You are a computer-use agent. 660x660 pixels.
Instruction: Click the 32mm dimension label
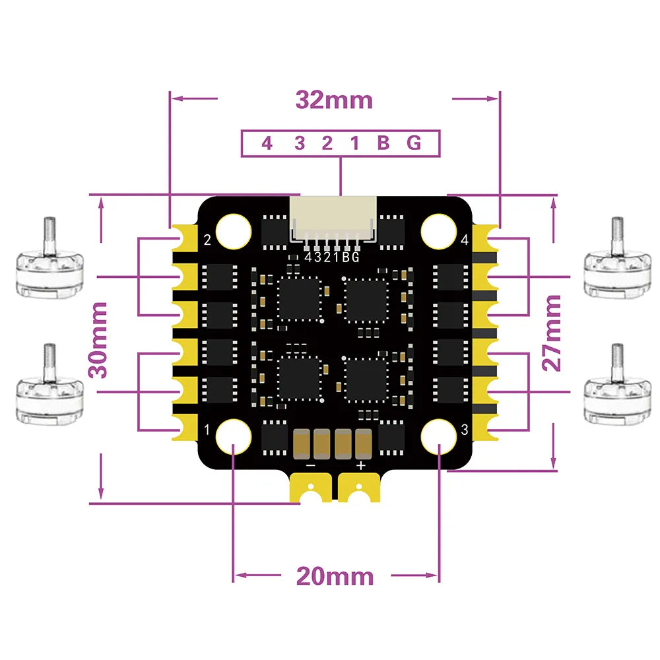[x=334, y=100]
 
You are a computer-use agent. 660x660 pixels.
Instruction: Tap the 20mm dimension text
[x=335, y=576]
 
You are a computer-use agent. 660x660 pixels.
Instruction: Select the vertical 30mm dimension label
[x=100, y=339]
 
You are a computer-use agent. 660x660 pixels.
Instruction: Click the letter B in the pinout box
[x=383, y=143]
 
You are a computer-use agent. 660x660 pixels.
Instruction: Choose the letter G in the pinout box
[x=414, y=143]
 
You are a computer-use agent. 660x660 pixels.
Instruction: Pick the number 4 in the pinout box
[x=267, y=143]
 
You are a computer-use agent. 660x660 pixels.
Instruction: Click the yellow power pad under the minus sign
[x=310, y=489]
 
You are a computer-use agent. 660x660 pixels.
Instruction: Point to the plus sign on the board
[x=360, y=465]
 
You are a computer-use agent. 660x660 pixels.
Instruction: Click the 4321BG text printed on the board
[x=333, y=257]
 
